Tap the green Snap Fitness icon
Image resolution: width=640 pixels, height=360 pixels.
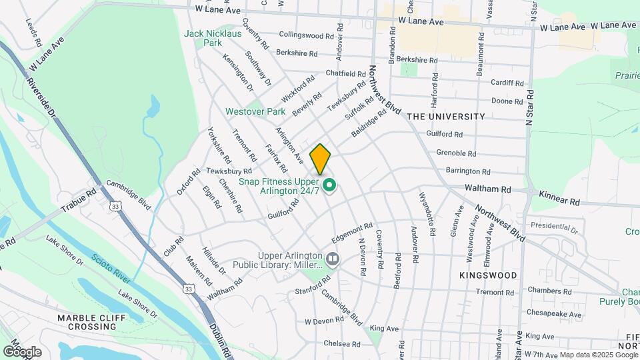329,185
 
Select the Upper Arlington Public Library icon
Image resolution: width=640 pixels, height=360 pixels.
333,257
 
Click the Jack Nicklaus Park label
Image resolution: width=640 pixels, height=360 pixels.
203,37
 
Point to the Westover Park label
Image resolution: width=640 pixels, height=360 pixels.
255,111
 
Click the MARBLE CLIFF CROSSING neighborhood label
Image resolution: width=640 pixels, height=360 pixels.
91,323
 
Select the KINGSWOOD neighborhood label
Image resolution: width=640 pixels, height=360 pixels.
488,275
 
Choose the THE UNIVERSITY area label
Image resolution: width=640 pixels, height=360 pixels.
446,116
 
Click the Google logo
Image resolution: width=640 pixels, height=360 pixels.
23,351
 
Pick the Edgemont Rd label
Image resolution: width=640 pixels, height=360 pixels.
349,233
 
